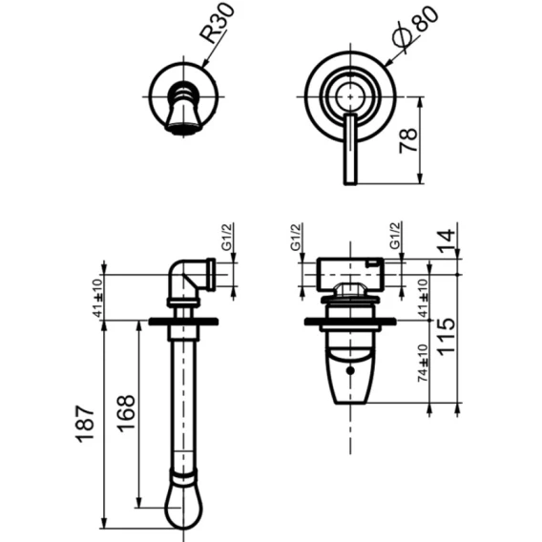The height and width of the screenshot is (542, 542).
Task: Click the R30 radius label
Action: pos(218,23)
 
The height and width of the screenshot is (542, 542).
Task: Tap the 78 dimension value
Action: pos(408,140)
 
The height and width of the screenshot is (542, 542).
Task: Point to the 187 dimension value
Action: pos(85,424)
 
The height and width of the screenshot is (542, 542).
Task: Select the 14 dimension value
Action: pos(447,240)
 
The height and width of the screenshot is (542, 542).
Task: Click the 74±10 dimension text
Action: pos(423,363)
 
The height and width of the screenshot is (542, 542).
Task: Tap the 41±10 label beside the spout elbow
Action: pos(98,298)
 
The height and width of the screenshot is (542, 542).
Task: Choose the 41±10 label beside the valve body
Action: pos(423,298)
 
